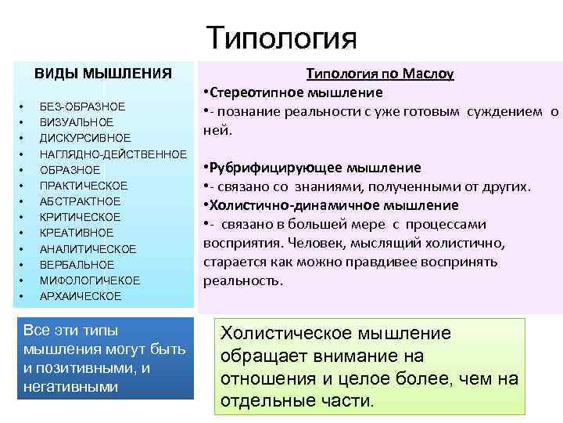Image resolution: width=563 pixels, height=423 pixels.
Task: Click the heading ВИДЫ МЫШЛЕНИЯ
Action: pos(102,74)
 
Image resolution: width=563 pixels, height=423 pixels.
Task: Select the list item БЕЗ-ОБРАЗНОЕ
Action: pos(82,107)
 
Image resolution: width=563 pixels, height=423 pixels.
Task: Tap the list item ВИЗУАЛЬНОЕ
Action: pos(77,122)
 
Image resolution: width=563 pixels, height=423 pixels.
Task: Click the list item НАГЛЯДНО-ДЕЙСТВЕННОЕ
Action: pos(113,154)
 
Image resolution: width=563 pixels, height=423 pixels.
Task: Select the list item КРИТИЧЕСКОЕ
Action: pos(80,217)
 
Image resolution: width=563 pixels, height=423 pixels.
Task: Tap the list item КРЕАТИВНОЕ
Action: pos(77,233)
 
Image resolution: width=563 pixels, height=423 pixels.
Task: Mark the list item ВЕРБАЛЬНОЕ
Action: pos(77,265)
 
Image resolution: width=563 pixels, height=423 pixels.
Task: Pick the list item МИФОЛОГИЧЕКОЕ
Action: pos(90,280)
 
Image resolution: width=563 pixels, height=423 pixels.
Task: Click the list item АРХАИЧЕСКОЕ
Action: pos(81,296)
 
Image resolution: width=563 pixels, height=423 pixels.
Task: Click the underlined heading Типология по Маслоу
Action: pos(379,74)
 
